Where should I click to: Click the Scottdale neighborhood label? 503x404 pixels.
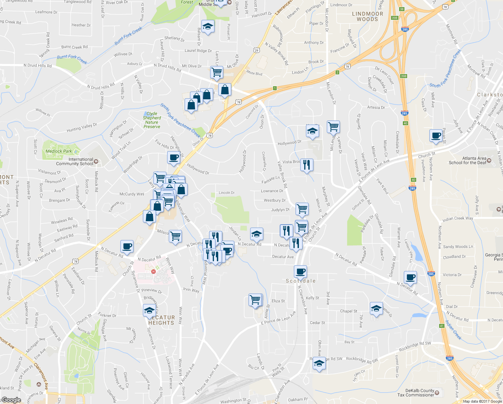point(301,281)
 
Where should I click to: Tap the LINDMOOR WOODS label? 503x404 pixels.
point(367,16)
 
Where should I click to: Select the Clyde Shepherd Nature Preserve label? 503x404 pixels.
point(152,120)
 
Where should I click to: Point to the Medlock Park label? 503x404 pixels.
point(59,151)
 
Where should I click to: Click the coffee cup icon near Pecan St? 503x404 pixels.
point(436,136)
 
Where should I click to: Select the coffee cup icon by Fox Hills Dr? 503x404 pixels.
point(173,158)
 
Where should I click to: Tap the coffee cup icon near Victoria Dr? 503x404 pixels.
point(410,277)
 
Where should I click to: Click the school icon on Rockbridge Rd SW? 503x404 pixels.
point(319,364)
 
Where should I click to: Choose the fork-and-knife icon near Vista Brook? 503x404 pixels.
point(306,165)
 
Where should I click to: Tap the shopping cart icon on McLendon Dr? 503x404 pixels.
point(333,127)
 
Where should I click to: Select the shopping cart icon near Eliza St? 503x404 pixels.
point(255,299)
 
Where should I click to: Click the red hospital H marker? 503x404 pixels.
point(154,271)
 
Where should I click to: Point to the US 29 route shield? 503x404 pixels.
point(257,50)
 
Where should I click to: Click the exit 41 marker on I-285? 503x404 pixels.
point(442,326)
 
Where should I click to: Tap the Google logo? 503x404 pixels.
point(11,400)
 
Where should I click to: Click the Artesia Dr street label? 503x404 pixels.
point(376,107)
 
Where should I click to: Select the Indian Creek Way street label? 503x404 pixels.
point(458,218)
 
